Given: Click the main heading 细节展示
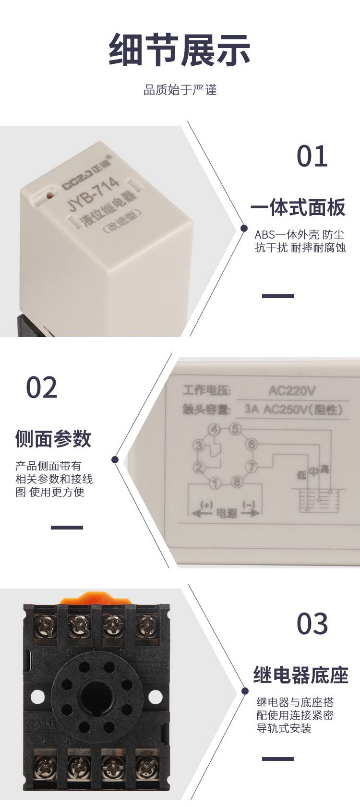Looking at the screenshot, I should point(180,49).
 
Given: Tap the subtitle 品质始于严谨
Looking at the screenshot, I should point(180,90).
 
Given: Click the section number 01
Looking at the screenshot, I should point(312,157).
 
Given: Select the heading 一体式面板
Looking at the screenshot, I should point(298,208).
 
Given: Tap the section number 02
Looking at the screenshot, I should point(42,388).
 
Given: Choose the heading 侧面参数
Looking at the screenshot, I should point(53,438).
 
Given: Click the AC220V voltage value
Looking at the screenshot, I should point(292,390).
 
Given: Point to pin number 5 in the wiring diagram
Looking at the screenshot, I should point(234,429).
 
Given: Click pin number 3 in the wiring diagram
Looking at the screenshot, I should point(198,446).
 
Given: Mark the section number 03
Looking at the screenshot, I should point(312,624).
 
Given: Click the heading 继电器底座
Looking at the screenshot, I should point(300,675).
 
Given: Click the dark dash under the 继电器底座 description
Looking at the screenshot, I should point(278,759).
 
